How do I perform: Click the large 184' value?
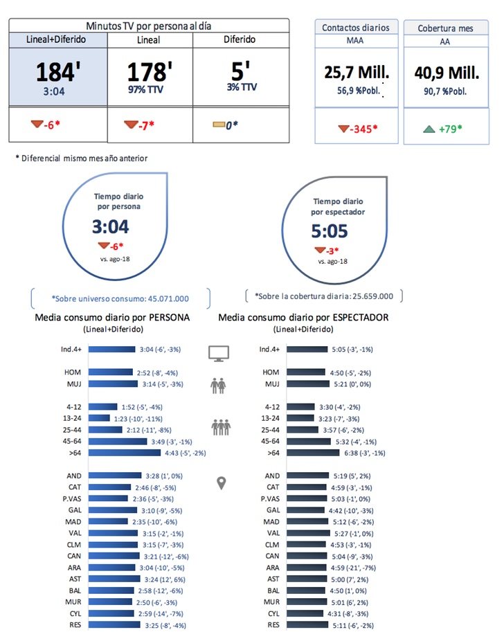click(58, 73)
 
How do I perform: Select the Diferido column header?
click(240, 40)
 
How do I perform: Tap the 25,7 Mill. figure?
click(356, 71)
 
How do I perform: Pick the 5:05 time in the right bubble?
click(329, 231)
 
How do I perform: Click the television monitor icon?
click(219, 353)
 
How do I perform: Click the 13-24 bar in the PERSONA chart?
click(100, 418)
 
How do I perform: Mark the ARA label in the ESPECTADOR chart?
click(272, 568)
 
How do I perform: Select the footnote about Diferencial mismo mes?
click(82, 159)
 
